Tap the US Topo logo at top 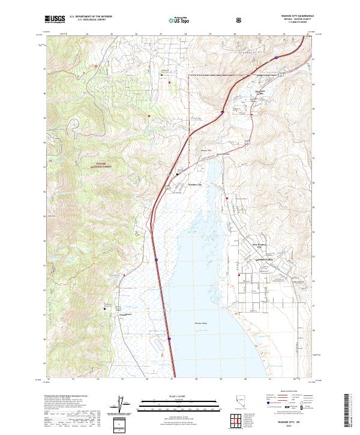tap(179, 19)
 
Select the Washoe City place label tap(196, 184)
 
